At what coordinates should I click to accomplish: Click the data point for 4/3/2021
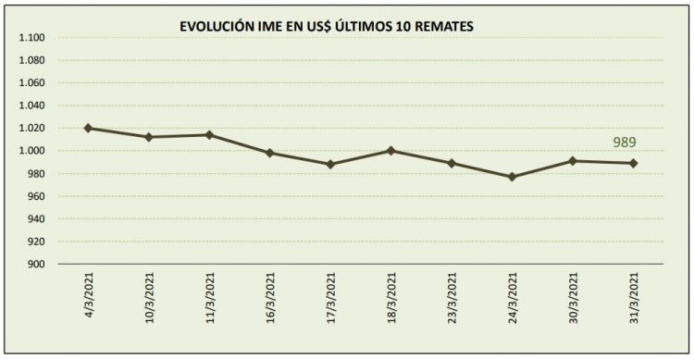[x=88, y=128]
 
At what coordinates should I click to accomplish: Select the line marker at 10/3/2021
[x=148, y=137]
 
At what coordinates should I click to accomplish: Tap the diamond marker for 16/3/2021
[x=269, y=153]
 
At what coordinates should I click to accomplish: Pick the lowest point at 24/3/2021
[x=512, y=176]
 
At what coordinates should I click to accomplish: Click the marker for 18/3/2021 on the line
[x=390, y=150]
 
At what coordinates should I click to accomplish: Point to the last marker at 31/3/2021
[x=633, y=163]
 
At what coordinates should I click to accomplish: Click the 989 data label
[x=625, y=143]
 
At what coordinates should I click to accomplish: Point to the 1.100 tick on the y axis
[x=31, y=38]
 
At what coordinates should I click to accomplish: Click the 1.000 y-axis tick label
[x=31, y=151]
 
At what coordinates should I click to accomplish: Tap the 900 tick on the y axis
[x=36, y=265]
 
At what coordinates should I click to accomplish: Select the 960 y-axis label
[x=36, y=196]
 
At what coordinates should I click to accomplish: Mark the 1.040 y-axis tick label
[x=31, y=106]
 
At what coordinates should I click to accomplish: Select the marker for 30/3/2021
[x=573, y=160]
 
